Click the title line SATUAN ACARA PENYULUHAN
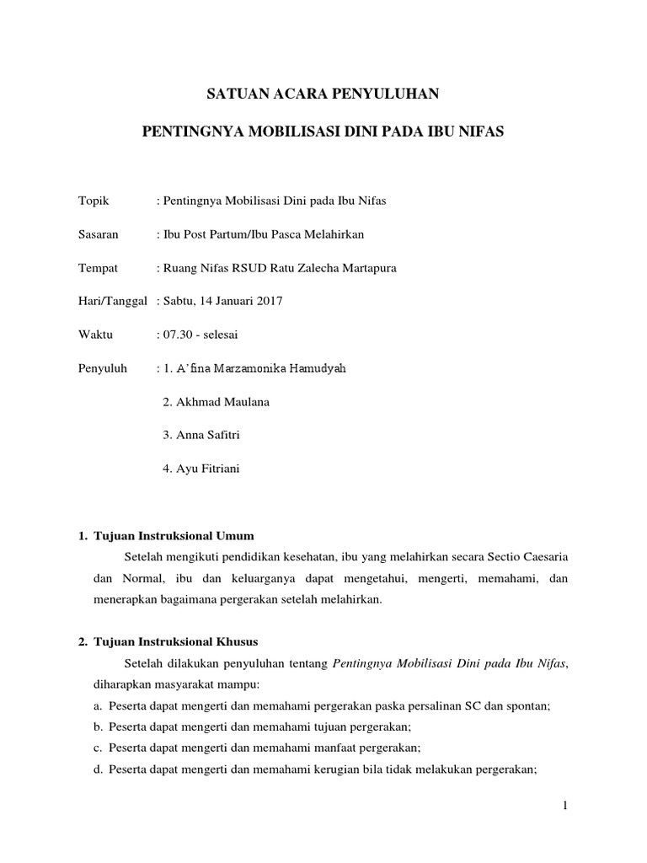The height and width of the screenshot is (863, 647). pos(323,95)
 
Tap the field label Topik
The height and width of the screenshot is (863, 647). pos(94,200)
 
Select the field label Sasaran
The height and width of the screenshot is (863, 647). pos(98,233)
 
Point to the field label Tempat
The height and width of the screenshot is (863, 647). pos(98,268)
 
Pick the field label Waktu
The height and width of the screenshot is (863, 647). pos(95,335)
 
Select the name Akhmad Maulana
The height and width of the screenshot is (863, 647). pos(222,402)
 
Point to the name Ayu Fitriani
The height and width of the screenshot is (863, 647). pos(207,469)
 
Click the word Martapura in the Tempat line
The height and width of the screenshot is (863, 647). pos(367,268)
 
